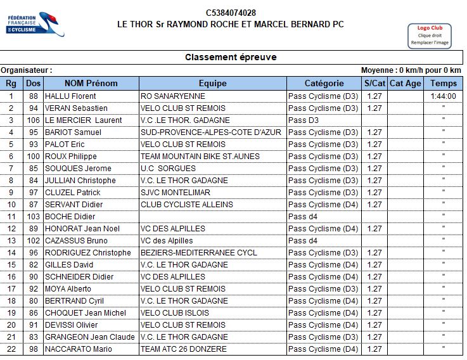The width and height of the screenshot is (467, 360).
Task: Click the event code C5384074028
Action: (231, 13)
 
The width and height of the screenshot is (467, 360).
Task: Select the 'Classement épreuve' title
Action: (231, 57)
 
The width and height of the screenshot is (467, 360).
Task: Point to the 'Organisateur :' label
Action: (27, 70)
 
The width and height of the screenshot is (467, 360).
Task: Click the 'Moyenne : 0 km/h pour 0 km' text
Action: (411, 70)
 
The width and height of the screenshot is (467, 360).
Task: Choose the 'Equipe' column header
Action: (212, 83)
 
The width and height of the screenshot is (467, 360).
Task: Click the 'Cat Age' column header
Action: (405, 83)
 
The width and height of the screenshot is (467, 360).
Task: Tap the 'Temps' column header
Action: (443, 83)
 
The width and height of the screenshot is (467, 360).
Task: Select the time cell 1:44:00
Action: (443, 96)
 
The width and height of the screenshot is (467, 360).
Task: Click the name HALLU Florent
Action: (70, 96)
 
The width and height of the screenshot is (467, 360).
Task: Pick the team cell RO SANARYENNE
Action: (172, 96)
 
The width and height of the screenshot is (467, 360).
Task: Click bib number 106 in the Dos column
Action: (33, 120)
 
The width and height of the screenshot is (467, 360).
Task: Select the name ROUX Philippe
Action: (70, 157)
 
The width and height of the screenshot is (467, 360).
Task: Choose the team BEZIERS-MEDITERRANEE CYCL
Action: (198, 253)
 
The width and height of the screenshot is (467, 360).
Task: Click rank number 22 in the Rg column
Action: (11, 349)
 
